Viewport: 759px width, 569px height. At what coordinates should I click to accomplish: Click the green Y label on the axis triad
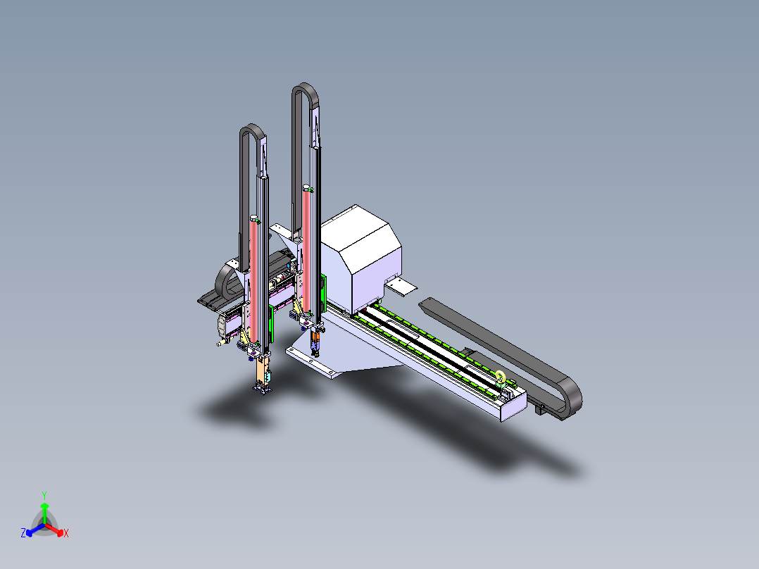coord(44,494)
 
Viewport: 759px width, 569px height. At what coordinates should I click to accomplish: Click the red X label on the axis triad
coord(66,534)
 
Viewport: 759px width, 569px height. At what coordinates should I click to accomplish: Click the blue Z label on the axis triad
coord(23,534)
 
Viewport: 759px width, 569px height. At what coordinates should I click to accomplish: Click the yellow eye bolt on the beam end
coord(500,377)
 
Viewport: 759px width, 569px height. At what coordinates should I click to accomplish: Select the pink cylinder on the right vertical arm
coord(306,225)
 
